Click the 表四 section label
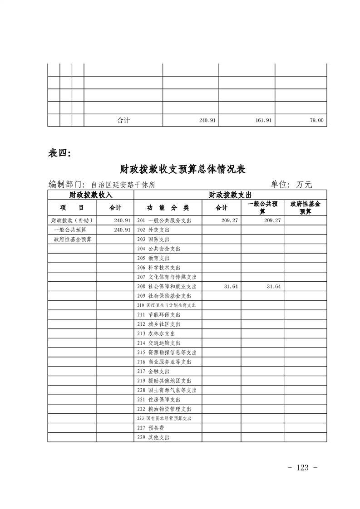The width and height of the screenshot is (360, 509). [59, 153]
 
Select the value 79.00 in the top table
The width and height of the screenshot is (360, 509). [316, 120]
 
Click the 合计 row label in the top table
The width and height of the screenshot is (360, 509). [123, 120]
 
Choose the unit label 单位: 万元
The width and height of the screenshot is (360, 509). [291, 184]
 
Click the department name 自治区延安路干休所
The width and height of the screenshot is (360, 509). [123, 185]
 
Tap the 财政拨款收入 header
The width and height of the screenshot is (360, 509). [90, 195]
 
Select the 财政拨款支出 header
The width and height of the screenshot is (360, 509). [230, 195]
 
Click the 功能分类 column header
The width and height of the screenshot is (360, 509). [168, 208]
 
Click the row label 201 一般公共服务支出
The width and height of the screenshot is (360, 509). [164, 220]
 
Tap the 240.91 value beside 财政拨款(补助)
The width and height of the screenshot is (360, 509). [122, 220]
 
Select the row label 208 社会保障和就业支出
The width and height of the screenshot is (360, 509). [167, 287]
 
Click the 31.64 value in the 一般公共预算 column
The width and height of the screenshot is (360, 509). [274, 287]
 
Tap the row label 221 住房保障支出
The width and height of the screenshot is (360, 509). [158, 400]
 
